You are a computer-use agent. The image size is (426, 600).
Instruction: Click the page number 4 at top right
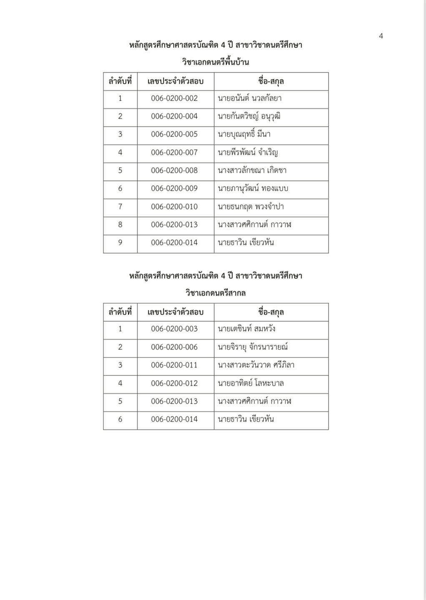coord(381,36)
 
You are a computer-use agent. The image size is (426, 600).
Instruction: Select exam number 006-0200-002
coord(174,98)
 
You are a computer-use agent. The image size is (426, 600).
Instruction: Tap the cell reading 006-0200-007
coord(174,152)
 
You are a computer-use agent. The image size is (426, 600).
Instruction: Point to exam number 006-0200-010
coord(174,207)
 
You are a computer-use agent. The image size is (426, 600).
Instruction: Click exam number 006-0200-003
coord(174,329)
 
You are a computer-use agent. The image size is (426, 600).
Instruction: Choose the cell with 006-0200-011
coord(174,365)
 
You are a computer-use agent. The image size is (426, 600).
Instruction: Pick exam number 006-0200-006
coord(174,347)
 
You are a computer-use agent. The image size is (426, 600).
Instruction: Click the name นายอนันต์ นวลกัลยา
coord(249,98)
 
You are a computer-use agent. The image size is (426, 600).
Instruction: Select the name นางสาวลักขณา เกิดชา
coord(252,170)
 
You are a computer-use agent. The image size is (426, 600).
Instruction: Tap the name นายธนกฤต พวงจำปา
coord(251,207)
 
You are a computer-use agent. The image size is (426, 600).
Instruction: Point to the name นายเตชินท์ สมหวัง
coord(246,329)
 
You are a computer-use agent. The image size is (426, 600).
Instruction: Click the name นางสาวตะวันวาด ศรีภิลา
coord(256,365)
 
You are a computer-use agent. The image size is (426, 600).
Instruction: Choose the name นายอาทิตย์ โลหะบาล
coord(251,383)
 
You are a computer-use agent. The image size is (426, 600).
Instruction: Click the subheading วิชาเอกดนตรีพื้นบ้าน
coord(216,62)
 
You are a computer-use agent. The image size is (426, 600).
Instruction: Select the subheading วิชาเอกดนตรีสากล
coord(216,293)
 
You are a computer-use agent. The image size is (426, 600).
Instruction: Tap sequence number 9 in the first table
coord(120,242)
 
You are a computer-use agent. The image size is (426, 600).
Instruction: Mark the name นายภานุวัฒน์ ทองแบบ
coord(253,188)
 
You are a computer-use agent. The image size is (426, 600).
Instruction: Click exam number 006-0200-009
coord(174,188)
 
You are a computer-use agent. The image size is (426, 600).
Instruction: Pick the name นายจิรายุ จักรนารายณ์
coord(253,347)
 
